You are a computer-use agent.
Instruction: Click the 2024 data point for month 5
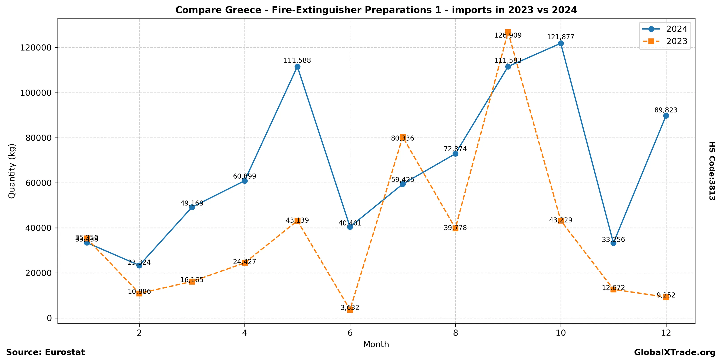coord(297,67)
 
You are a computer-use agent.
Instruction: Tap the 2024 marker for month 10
coord(561,43)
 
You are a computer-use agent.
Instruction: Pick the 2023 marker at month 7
coord(403,137)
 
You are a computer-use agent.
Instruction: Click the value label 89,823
coord(666,110)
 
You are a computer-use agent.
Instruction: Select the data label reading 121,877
coord(561,37)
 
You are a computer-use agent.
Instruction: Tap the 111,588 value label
coord(297,61)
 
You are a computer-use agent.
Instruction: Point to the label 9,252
coord(666,295)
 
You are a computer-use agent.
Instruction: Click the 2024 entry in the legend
coord(677,29)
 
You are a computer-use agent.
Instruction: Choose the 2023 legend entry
coord(677,41)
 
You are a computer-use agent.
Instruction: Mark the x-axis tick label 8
coord(455,333)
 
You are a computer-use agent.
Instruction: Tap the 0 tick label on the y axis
coord(50,318)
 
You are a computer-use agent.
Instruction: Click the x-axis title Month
coord(376,344)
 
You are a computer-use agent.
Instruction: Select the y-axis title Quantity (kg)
coord(12,171)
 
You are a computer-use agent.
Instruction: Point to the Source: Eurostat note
coord(45,352)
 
